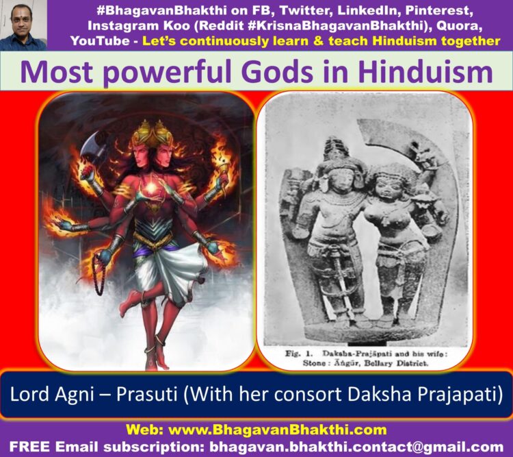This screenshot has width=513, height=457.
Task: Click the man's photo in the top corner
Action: pyautogui.click(x=23, y=25)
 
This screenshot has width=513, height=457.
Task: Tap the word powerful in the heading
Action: pyautogui.click(x=172, y=73)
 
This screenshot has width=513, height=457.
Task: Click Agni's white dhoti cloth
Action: pyautogui.click(x=170, y=271)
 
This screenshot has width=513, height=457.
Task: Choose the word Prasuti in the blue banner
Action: pyautogui.click(x=146, y=395)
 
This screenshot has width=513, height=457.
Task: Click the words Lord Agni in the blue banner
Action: pyautogui.click(x=52, y=395)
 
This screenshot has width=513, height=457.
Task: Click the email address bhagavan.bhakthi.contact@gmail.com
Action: pyautogui.click(x=356, y=447)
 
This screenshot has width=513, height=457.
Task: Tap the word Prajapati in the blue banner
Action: pyautogui.click(x=465, y=395)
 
